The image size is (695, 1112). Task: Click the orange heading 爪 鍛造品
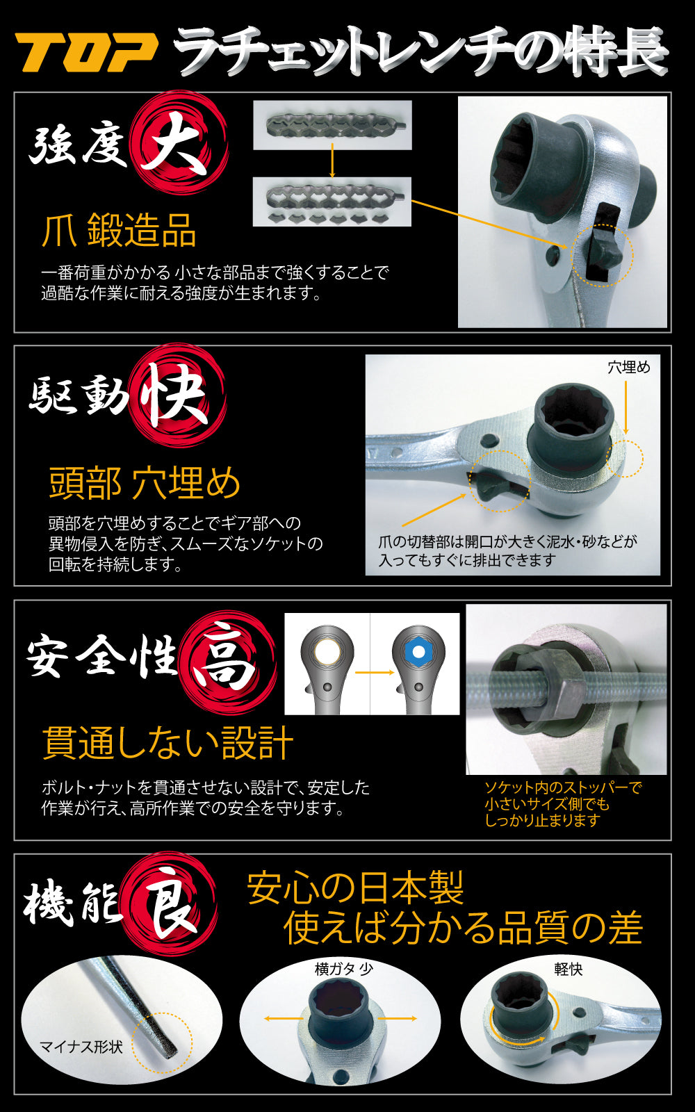(119, 231)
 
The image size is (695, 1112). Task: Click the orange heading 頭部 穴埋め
(145, 484)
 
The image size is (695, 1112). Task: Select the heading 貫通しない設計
(167, 742)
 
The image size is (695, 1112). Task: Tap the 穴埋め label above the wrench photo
(628, 367)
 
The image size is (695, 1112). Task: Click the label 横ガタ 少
(343, 969)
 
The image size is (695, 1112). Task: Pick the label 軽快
(569, 969)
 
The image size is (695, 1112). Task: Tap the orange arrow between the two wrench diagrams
(374, 672)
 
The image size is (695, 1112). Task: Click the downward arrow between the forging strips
(332, 161)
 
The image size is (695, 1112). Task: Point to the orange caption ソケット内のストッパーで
(562, 787)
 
